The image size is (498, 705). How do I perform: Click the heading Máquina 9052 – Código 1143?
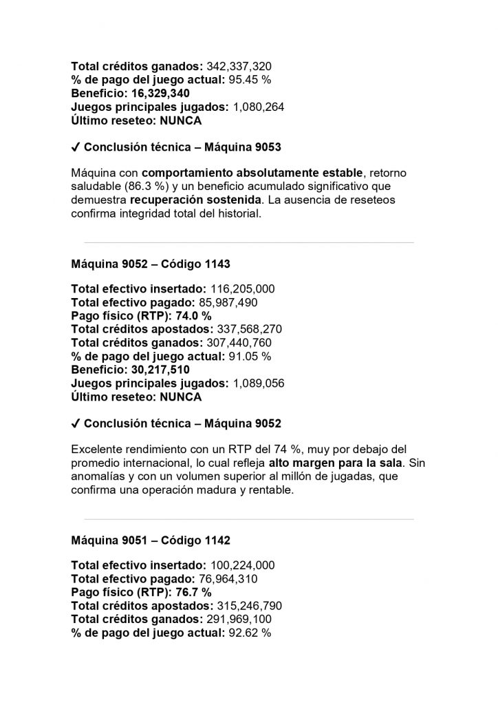pyautogui.click(x=151, y=264)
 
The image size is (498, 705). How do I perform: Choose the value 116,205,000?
pyautogui.click(x=241, y=290)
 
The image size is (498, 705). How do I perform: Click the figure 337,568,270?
pyautogui.click(x=250, y=330)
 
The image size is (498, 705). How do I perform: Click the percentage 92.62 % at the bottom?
pyautogui.click(x=250, y=633)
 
